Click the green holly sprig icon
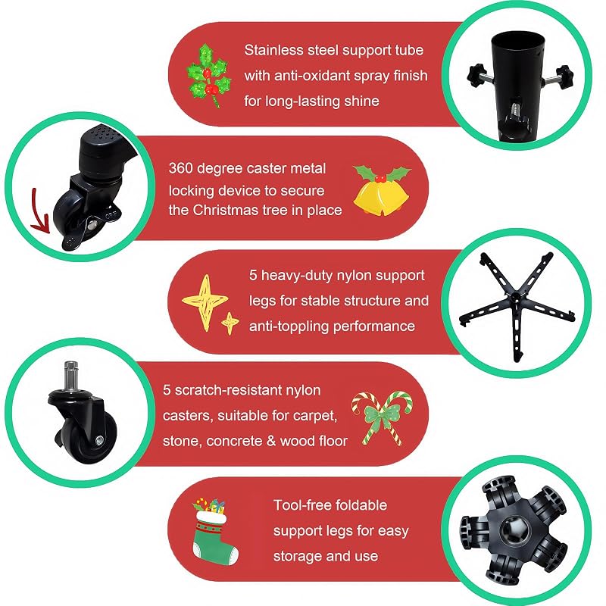pyautogui.click(x=208, y=75)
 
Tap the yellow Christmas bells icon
pyautogui.click(x=382, y=190)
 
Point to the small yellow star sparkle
pyautogui.click(x=230, y=323)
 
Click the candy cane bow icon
pyautogui.click(x=383, y=418)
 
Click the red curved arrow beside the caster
pyautogui.click(x=40, y=211)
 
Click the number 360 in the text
pyautogui.click(x=180, y=168)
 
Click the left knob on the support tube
pyautogui.click(x=476, y=74)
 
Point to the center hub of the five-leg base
pyautogui.click(x=516, y=297)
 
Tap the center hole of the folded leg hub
pyautogui.click(x=514, y=529)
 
